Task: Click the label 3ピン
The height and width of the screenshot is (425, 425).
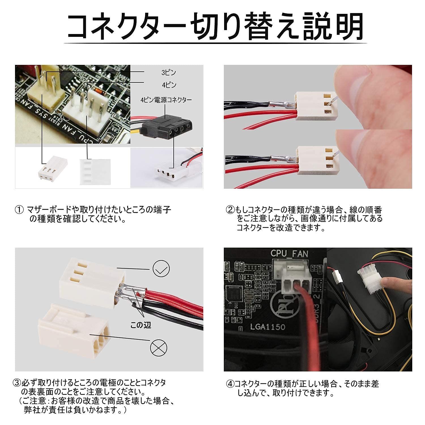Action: (169, 73)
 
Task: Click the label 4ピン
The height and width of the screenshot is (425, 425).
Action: (169, 85)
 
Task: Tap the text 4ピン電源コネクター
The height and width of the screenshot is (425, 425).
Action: (166, 100)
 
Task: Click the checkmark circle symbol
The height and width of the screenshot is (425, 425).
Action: (161, 269)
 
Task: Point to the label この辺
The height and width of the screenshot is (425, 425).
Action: (141, 325)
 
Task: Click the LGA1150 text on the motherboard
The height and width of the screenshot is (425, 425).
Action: (267, 327)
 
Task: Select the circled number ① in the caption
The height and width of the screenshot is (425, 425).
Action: (19, 210)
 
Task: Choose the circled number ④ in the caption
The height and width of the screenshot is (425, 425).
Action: (230, 384)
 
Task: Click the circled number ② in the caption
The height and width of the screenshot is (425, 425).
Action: (230, 210)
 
